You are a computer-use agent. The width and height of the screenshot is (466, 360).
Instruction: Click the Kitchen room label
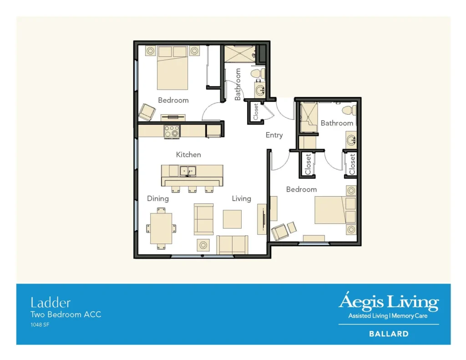[x=188, y=155]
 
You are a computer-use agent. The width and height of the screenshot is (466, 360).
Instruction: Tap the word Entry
[x=274, y=135]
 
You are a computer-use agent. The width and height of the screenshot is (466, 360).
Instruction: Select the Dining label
[x=158, y=198]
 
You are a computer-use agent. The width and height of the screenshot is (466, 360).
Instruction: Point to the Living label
[x=241, y=198]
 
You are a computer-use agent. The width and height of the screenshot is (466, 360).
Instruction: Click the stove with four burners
[x=172, y=131]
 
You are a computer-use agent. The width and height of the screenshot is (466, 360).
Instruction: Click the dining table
[x=161, y=228]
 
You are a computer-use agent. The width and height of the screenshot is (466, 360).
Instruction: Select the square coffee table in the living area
[x=232, y=219]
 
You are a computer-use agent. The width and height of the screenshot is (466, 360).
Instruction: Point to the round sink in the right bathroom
[x=351, y=140]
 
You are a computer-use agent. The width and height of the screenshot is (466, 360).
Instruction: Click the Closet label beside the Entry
[x=256, y=112]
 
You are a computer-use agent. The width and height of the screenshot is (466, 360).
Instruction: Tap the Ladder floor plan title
[x=51, y=302]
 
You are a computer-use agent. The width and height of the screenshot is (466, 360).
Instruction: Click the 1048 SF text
[x=40, y=325]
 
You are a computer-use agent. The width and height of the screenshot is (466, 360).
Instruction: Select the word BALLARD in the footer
[x=388, y=334]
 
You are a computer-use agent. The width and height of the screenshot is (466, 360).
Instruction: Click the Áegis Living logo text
[x=388, y=302]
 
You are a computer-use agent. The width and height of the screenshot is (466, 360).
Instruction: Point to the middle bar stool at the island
[x=192, y=188]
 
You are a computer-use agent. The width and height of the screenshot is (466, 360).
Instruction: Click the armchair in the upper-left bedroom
[x=147, y=112]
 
